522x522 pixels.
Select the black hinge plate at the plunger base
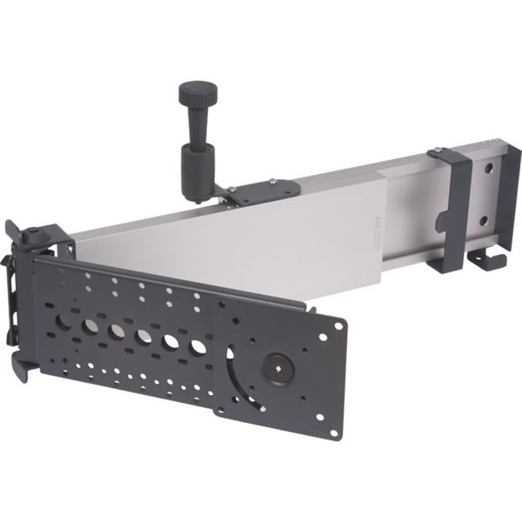(x=252, y=191)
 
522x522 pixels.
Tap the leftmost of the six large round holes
(x=64, y=321)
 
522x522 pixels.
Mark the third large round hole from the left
(x=117, y=331)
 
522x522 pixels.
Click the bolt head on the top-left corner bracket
(x=32, y=233)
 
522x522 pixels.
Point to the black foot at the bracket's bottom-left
(x=23, y=370)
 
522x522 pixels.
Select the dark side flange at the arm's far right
(x=510, y=200)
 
